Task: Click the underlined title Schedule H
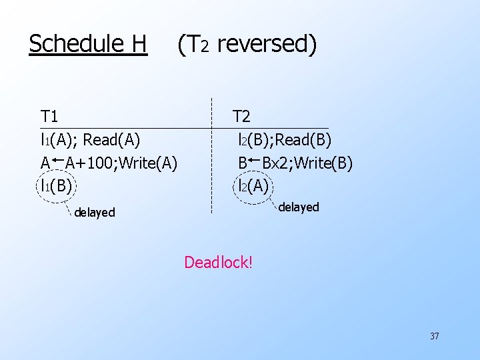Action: click(x=88, y=44)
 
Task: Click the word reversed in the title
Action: click(x=267, y=44)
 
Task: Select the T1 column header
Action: click(x=49, y=117)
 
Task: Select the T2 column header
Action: click(x=241, y=117)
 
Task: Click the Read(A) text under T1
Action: click(x=111, y=139)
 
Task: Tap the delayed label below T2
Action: click(x=298, y=207)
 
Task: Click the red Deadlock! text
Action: click(x=218, y=262)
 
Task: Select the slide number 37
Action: click(x=434, y=336)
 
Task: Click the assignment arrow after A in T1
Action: click(x=57, y=160)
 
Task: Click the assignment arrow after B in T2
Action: click(x=254, y=160)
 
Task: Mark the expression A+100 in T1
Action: click(x=87, y=162)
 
